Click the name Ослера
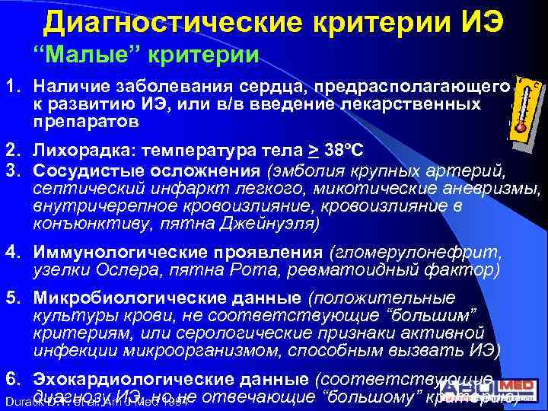(x=119, y=270)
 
